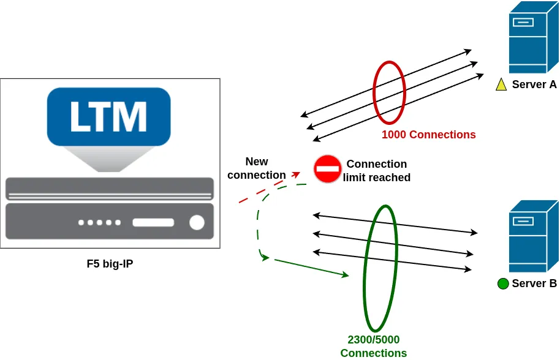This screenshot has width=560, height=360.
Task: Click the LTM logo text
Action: tap(108, 116)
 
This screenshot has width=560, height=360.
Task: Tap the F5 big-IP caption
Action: tap(110, 264)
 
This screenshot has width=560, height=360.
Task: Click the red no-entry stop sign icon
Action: tap(328, 168)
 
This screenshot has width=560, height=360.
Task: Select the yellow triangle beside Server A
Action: tap(501, 85)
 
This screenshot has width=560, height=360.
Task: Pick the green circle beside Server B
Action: tap(503, 283)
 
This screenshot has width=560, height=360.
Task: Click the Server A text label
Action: tap(534, 84)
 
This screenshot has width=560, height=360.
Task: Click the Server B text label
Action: tap(534, 283)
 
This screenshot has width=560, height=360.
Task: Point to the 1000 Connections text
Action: tap(428, 135)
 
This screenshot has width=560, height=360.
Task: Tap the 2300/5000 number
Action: tap(373, 340)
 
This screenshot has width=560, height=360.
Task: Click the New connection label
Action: tap(257, 168)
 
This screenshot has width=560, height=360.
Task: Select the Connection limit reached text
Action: tap(376, 171)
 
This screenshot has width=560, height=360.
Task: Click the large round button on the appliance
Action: tap(197, 222)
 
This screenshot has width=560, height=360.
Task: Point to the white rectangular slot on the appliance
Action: tap(153, 222)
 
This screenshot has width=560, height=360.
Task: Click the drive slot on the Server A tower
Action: tap(523, 23)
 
